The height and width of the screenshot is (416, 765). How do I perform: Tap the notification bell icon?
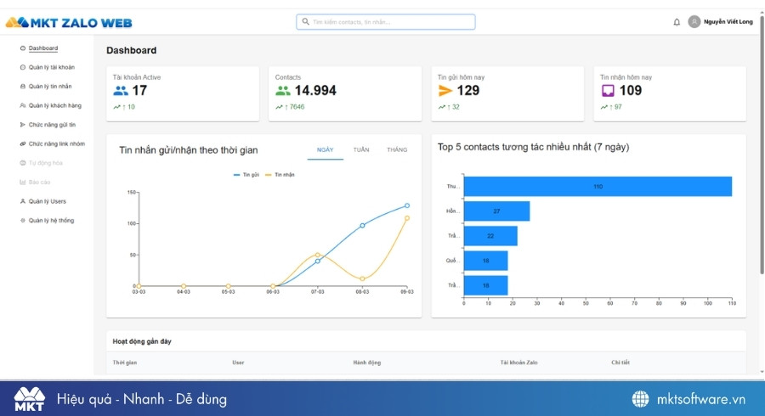[677, 22]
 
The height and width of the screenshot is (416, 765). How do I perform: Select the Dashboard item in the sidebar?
[42, 48]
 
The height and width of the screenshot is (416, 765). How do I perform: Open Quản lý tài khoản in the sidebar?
[51, 67]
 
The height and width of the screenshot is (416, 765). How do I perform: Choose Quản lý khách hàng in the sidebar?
[54, 105]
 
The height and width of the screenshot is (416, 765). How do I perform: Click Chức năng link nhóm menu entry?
[56, 143]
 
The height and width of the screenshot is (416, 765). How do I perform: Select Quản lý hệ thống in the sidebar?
[51, 221]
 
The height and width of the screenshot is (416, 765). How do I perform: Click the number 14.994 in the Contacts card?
[315, 91]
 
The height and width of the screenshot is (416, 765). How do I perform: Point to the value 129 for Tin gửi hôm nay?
[468, 91]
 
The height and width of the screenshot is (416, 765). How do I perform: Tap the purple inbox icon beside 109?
[608, 91]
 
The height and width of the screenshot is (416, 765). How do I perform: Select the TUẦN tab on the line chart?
[361, 149]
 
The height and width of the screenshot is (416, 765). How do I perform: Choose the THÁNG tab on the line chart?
[397, 149]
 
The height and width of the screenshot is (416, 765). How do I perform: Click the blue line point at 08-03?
[362, 225]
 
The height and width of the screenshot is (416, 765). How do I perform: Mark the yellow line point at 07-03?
[318, 255]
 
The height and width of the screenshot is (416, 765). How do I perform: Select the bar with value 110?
[598, 186]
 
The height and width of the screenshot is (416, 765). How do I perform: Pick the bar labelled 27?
[496, 211]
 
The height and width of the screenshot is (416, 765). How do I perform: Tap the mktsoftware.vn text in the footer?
[700, 399]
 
